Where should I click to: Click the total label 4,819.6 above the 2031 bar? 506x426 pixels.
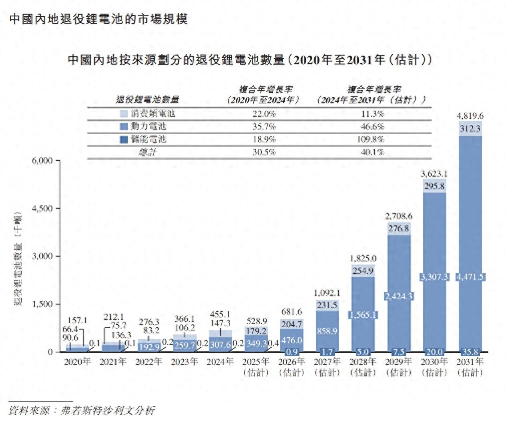coord(470,116)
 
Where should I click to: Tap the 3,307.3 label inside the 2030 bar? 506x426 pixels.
coord(434,277)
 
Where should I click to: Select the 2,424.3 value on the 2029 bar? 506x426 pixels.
coord(399,297)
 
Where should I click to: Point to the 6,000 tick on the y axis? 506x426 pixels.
coord(42,161)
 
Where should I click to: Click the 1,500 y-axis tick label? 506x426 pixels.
coord(42,304)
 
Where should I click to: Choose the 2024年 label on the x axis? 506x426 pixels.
coord(220,362)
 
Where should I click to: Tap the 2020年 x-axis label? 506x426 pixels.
coord(78,362)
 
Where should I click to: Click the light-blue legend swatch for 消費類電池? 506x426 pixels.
coord(124,113)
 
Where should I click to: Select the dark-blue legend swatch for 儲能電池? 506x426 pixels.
coord(124,139)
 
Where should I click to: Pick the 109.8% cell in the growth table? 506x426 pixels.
coord(372,139)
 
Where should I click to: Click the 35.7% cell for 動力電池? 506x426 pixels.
coord(264,127)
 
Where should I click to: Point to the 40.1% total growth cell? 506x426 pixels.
coord(372,152)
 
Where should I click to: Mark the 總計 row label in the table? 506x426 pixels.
coord(148,152)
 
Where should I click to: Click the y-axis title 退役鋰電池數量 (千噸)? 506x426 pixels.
coord(18,261)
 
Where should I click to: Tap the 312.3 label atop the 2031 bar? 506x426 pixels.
coord(470,129)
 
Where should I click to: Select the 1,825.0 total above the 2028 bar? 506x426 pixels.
coord(363,259)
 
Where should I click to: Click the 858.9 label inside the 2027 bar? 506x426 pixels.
coord(327,331)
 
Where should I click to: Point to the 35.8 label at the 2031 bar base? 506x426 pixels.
coord(470,352)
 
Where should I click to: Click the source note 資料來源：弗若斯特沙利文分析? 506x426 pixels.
coord(81,410)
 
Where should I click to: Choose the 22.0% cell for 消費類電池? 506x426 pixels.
coord(264,114)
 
